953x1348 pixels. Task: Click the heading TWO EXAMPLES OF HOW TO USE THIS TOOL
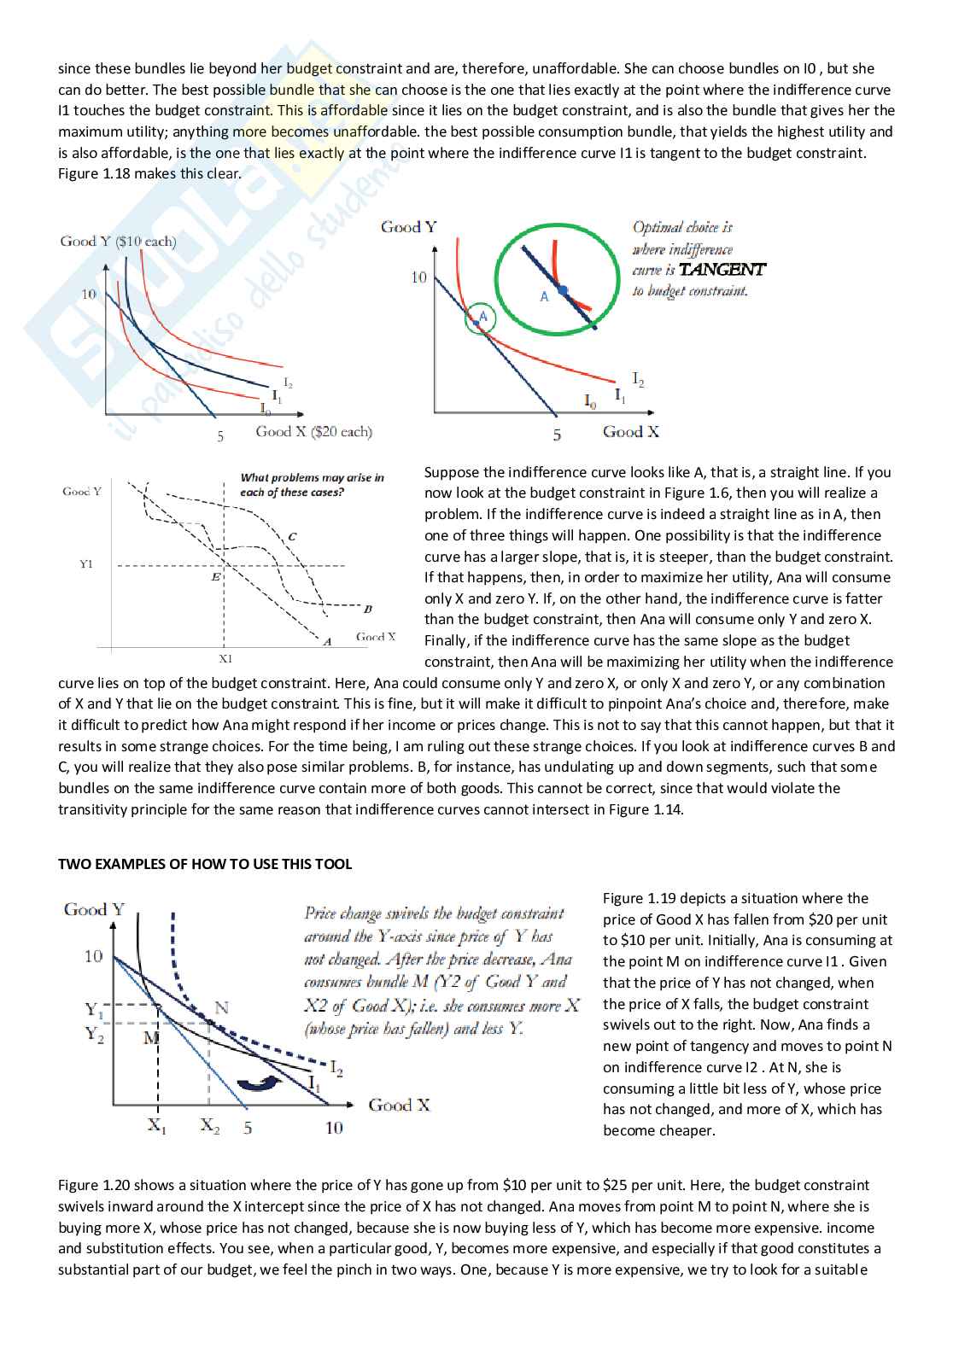pyautogui.click(x=205, y=864)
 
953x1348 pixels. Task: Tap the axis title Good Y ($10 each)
pyautogui.click(x=118, y=242)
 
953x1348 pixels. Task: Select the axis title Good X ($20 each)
pyautogui.click(x=313, y=432)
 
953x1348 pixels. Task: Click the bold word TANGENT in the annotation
pyautogui.click(x=722, y=270)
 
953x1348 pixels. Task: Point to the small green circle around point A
pyautogui.click(x=479, y=318)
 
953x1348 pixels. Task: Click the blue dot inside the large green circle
pyautogui.click(x=563, y=290)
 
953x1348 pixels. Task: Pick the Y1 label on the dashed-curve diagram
pyautogui.click(x=86, y=564)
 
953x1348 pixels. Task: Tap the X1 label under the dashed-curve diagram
pyautogui.click(x=225, y=659)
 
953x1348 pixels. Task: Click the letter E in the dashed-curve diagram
pyautogui.click(x=215, y=577)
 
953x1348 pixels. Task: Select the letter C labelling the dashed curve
pyautogui.click(x=292, y=536)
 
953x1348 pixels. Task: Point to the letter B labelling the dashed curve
pyautogui.click(x=367, y=609)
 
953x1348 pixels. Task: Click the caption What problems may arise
pyautogui.click(x=312, y=484)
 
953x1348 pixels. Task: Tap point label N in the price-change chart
pyautogui.click(x=221, y=1007)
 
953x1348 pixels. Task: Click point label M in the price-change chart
pyautogui.click(x=150, y=1038)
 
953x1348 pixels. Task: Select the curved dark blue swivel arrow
pyautogui.click(x=259, y=1082)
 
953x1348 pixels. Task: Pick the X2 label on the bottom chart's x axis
pyautogui.click(x=209, y=1126)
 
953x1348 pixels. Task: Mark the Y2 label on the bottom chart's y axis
pyautogui.click(x=94, y=1035)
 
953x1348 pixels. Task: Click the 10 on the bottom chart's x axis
pyautogui.click(x=334, y=1128)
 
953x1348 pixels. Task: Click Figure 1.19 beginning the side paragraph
pyautogui.click(x=638, y=898)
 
